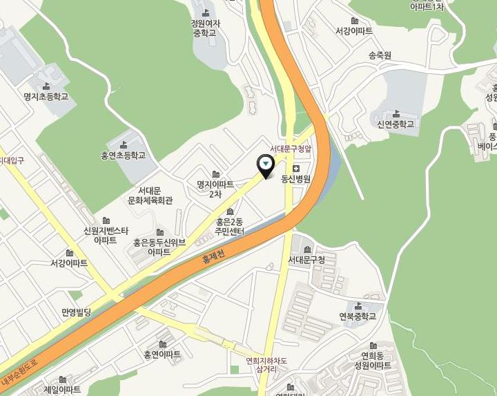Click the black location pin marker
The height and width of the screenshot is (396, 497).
click(266, 164)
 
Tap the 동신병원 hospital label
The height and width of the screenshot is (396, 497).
click(296, 179)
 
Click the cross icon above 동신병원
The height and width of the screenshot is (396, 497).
click(296, 169)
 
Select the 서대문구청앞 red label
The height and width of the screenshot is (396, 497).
click(291, 149)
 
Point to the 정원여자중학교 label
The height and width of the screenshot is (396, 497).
click(204, 28)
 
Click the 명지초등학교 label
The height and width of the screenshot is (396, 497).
click(46, 97)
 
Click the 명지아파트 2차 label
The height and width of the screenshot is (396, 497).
click(215, 189)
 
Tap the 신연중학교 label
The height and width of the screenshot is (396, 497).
click(396, 124)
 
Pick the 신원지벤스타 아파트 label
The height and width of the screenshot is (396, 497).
click(106, 235)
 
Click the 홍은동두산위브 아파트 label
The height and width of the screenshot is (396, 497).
click(159, 247)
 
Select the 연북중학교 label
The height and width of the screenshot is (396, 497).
click(358, 317)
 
